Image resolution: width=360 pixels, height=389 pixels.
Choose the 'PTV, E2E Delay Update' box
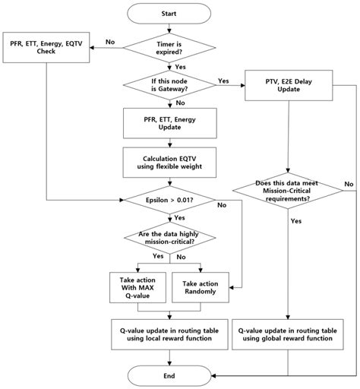coord(289,88)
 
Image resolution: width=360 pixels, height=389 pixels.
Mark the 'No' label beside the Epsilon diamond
coord(221,205)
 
